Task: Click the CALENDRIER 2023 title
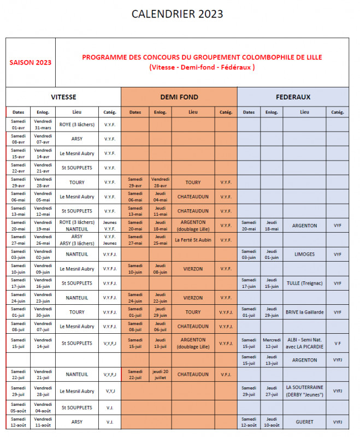coord(178,14)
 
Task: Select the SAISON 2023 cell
coord(31,62)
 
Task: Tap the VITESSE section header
coord(63,97)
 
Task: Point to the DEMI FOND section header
coord(179,97)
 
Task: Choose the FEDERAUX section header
coord(293,97)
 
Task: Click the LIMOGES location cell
coord(304,255)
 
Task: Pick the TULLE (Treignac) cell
coord(304,284)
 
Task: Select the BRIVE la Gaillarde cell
coord(304,312)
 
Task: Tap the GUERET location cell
coord(304,422)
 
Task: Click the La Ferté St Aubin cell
coord(193,240)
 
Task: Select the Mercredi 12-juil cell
coord(272,343)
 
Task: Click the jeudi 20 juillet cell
coord(160,375)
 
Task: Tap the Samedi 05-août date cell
coord(18,408)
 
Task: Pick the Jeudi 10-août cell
coord(272,422)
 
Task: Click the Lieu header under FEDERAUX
coord(304,112)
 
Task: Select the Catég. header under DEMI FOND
coord(226,112)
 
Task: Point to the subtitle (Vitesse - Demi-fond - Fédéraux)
coord(202,67)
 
